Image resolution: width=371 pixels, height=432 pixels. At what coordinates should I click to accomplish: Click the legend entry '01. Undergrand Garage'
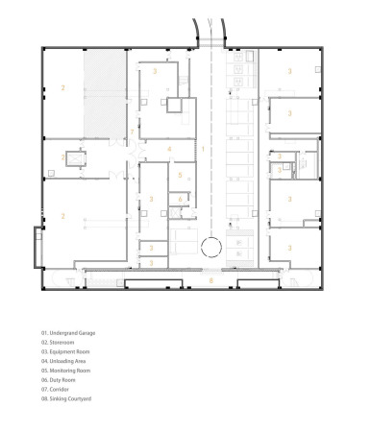point(67,333)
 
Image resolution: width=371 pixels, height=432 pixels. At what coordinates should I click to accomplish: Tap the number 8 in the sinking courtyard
point(211,280)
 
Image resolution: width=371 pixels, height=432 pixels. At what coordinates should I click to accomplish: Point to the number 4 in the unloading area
point(169,149)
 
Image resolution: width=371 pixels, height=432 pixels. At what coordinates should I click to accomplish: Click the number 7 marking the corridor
point(133,132)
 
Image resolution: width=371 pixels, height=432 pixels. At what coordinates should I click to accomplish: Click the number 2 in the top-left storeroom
point(62,88)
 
